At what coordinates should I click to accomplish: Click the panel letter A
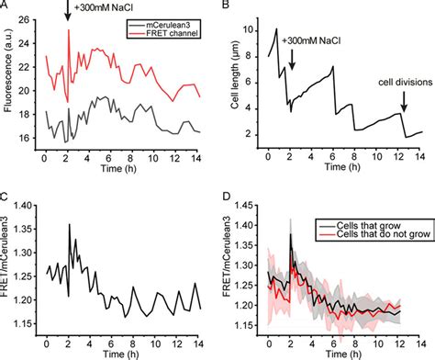[5, 6]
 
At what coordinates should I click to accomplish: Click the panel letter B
[225, 6]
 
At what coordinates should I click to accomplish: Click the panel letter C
[5, 197]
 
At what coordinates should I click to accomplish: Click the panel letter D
[225, 197]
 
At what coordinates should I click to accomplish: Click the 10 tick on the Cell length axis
[248, 29]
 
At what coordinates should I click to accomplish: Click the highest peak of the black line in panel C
[69, 225]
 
